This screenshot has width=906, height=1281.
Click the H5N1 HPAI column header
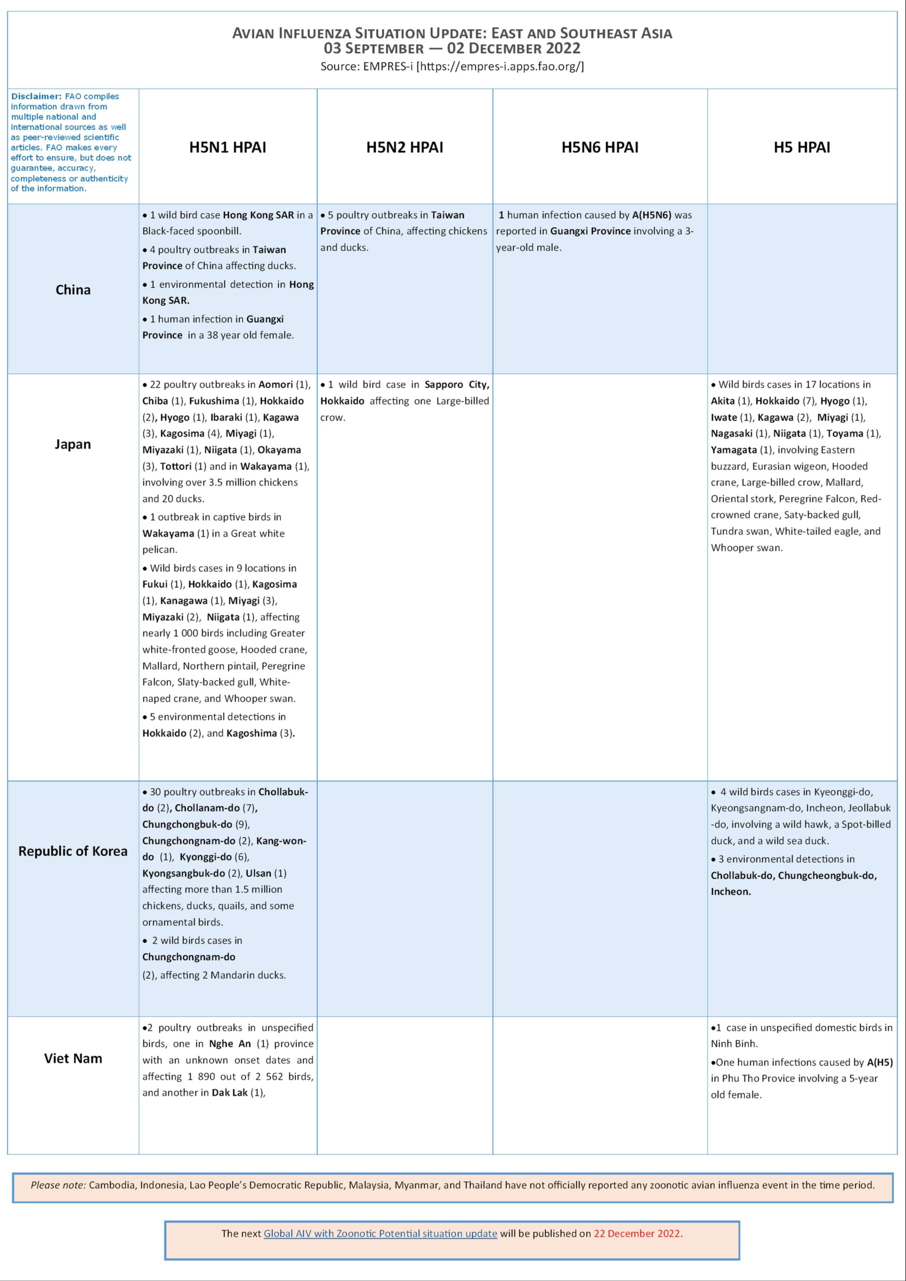pos(227,147)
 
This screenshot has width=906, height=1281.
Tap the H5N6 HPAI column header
pos(600,147)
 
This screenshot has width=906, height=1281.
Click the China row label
pos(73,290)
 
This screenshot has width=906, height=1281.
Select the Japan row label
pos(73,444)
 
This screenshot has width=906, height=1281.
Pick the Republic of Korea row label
pos(73,851)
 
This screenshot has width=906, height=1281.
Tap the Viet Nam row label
pos(73,1058)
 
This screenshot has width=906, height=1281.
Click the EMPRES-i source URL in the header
pos(500,67)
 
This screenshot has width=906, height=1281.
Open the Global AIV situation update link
pos(380,1233)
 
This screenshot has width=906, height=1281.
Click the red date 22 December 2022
pos(636,1233)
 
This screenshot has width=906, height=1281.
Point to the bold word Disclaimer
pos(36,96)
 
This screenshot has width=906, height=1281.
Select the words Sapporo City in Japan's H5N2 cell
pos(457,384)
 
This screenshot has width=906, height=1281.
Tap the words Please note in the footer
pos(58,1184)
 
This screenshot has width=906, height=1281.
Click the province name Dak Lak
pos(229,1092)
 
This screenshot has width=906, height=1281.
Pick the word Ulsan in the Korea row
pos(258,873)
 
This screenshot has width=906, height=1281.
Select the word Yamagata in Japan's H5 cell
pos(733,450)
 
